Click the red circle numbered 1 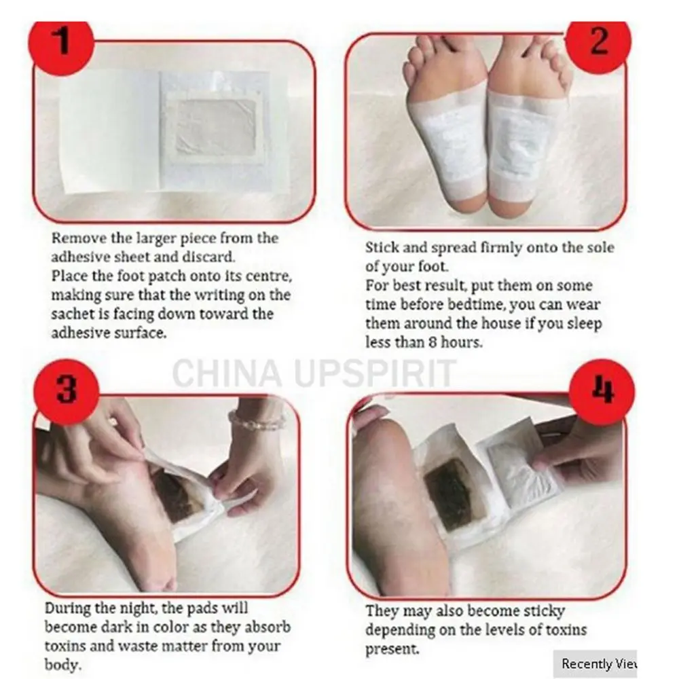click(x=61, y=42)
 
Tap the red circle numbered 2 click(x=598, y=41)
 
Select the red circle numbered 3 click(x=67, y=390)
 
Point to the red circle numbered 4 click(x=602, y=390)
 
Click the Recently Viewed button click(x=595, y=663)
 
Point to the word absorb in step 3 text click(x=267, y=627)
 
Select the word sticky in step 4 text click(x=544, y=612)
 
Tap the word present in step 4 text click(x=392, y=649)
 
